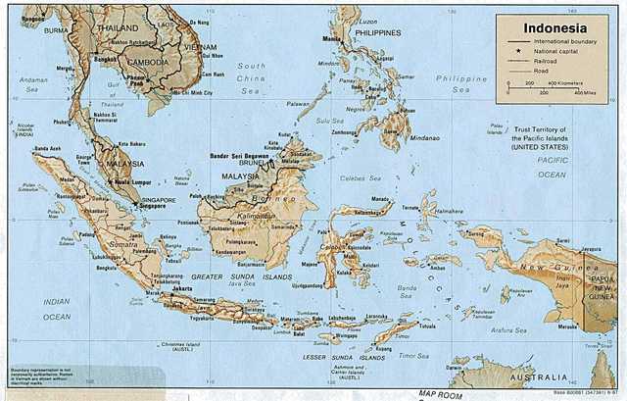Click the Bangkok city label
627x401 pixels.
pos(106,59)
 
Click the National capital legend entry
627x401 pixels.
pos(561,50)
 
